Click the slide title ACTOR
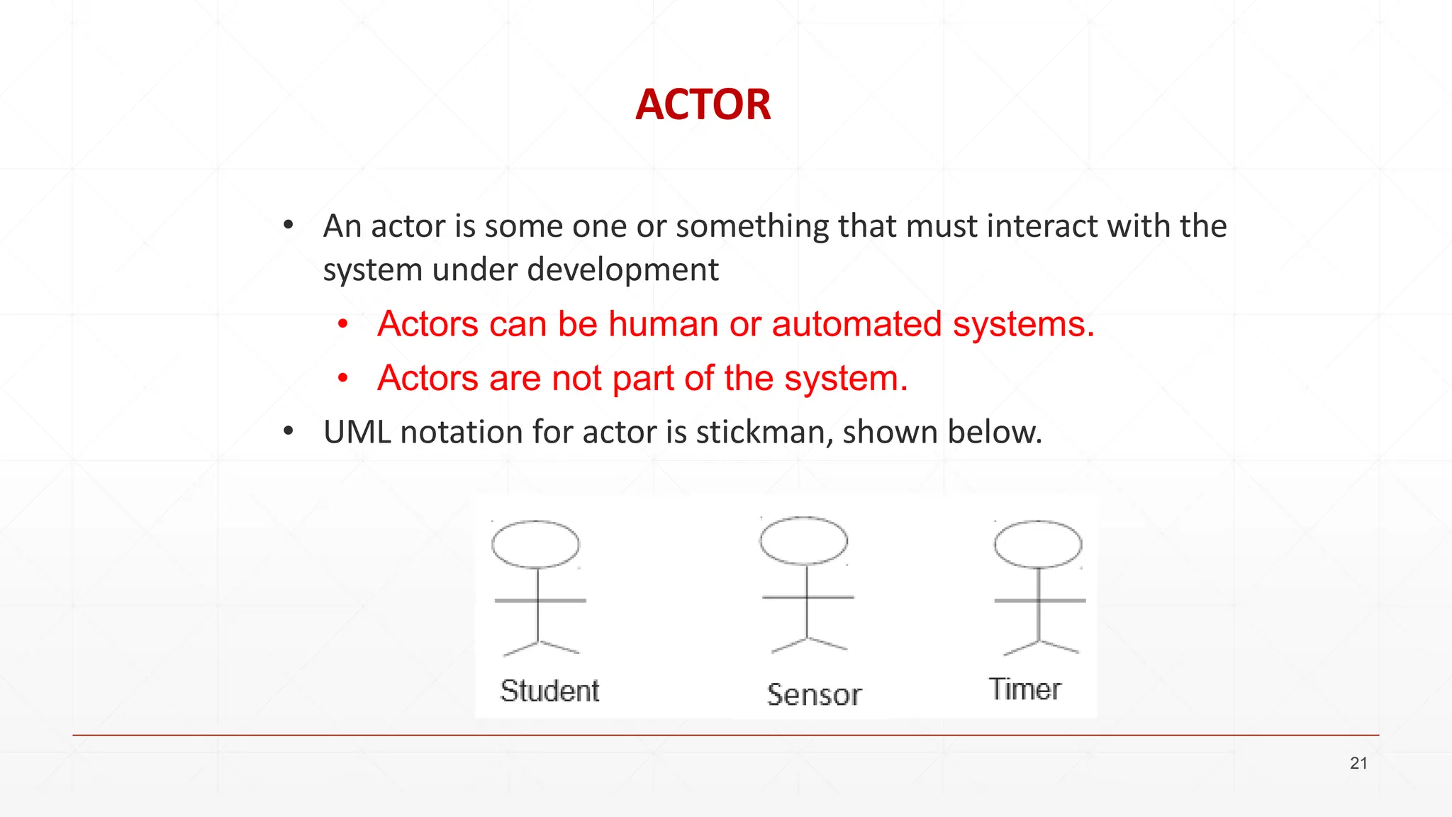[x=703, y=105]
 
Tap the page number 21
[x=1358, y=763]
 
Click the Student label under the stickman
[x=549, y=691]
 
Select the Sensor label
[x=814, y=694]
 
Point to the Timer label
[x=1024, y=689]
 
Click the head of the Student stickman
[x=535, y=544]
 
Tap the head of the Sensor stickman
[x=803, y=540]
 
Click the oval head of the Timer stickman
[x=1038, y=544]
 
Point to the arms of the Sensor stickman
[x=808, y=597]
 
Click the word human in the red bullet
[x=664, y=324]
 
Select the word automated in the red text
[x=856, y=324]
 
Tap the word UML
[x=357, y=432]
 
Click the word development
[x=622, y=270]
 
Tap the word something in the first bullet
[x=752, y=226]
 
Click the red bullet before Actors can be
[x=343, y=325]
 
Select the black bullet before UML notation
[x=288, y=431]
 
